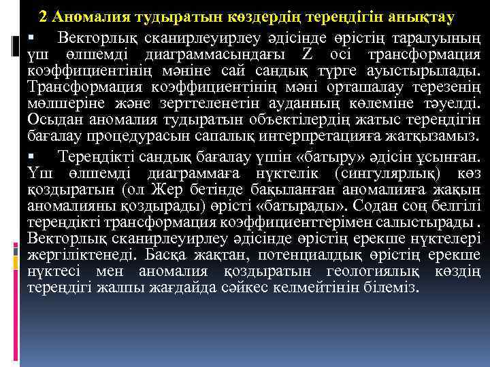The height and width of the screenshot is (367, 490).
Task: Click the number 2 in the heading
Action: (x=44, y=15)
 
